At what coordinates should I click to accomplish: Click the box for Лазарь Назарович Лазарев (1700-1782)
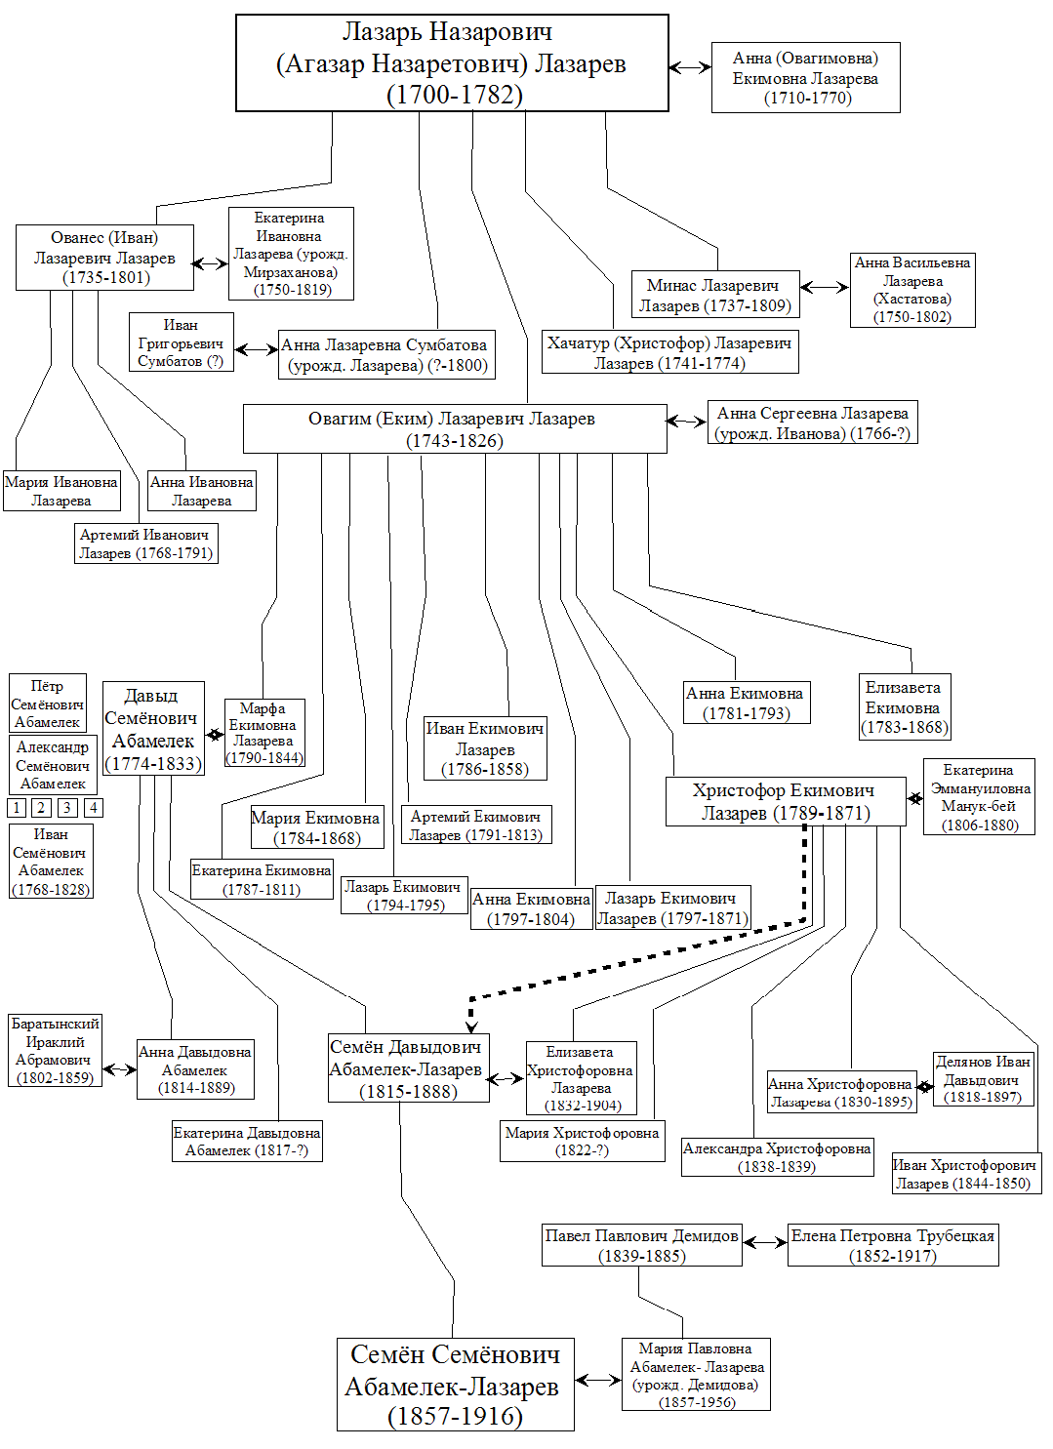452,63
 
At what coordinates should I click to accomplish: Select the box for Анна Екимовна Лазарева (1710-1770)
805,78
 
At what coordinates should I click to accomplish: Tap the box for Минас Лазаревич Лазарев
715,295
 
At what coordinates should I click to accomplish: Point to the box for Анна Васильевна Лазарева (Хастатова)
912,290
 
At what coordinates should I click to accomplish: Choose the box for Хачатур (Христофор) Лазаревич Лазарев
669,352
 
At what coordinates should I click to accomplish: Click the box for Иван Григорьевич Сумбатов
181,342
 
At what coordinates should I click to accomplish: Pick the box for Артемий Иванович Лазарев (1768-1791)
145,543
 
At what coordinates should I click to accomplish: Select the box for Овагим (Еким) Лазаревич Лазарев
454,429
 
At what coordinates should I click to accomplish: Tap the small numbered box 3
67,808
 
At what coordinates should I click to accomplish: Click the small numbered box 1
17,808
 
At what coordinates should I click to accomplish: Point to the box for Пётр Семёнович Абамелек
47,704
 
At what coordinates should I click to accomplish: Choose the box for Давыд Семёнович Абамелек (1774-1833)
153,729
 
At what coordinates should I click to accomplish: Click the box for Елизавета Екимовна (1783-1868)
904,706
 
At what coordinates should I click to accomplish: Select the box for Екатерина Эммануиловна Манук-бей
979,797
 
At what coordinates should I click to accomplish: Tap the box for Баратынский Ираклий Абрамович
55,1051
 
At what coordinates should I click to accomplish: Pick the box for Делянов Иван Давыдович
983,1079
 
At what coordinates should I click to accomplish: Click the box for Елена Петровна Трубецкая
893,1245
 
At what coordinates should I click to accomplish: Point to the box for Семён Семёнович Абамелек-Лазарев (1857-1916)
455,1385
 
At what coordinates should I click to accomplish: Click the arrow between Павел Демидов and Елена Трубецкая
765,1242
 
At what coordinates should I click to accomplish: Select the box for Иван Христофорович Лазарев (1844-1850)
966,1174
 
